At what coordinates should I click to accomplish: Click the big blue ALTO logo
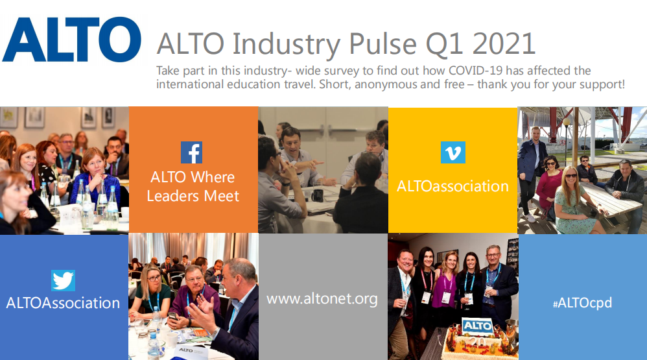[x=72, y=40]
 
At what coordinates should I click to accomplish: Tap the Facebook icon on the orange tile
[x=191, y=152]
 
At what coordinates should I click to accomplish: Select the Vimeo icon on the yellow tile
[x=453, y=152]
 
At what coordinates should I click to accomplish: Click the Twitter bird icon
[x=63, y=281]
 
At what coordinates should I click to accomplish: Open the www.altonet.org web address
[x=322, y=298]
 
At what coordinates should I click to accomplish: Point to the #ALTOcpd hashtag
[x=583, y=303]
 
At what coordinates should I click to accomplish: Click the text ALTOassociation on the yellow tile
[x=453, y=186]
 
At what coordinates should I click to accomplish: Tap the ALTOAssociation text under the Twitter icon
[x=63, y=303]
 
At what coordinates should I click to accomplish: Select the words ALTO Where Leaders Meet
[x=193, y=186]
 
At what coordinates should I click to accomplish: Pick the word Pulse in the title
[x=383, y=43]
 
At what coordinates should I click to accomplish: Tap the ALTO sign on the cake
[x=477, y=326]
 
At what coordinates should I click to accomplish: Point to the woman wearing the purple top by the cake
[x=444, y=289]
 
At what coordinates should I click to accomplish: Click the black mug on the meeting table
[x=317, y=194]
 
